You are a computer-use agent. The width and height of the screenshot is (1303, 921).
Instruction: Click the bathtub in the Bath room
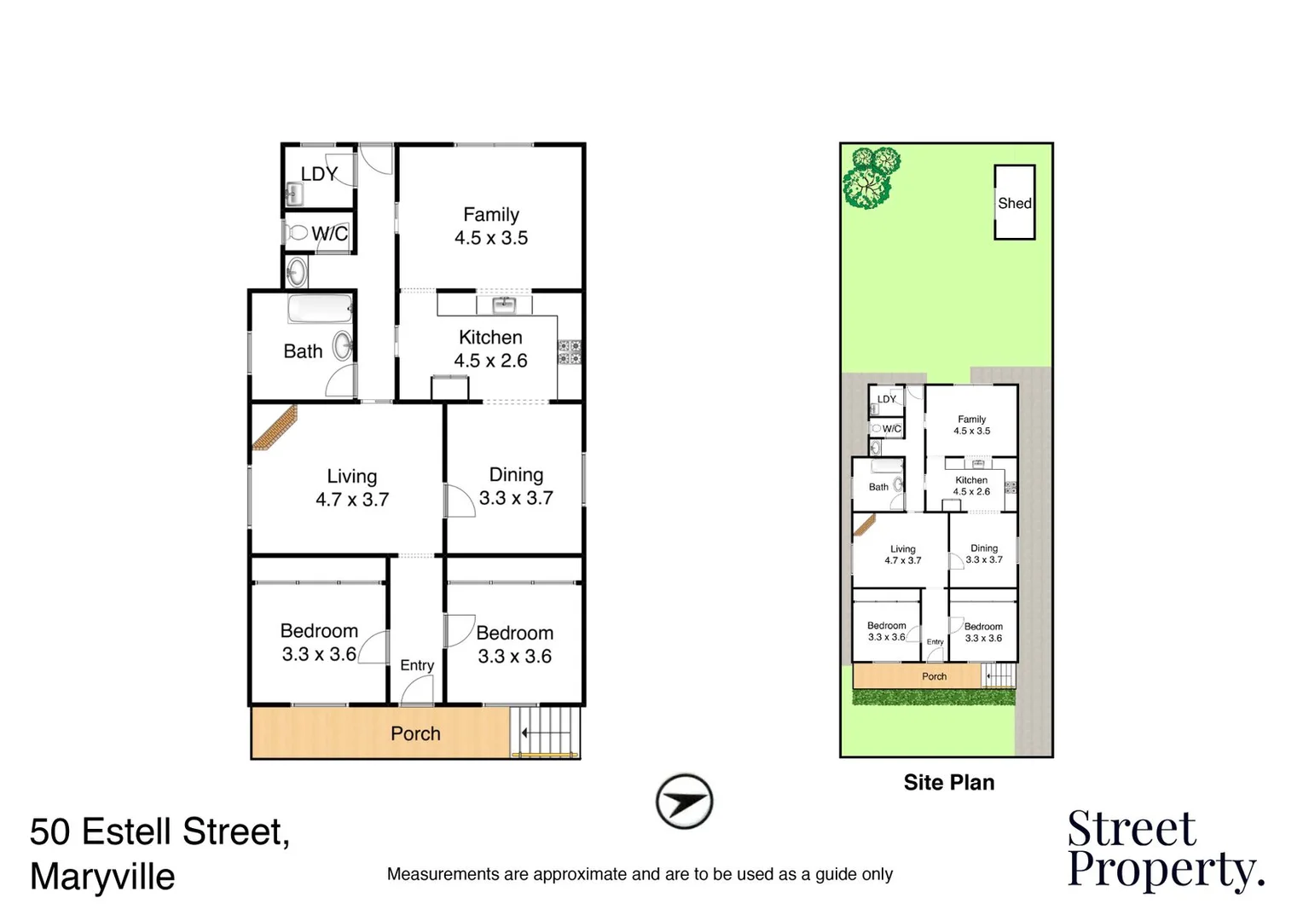[320, 309]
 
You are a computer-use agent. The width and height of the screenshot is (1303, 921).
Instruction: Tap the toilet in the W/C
[298, 232]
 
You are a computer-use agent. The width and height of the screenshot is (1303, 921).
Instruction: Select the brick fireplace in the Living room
[275, 426]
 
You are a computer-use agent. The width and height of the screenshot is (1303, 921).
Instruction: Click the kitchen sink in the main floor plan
[504, 304]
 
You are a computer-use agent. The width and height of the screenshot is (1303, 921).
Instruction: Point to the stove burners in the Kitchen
[569, 352]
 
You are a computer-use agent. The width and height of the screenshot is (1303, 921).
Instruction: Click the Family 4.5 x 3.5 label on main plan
[491, 227]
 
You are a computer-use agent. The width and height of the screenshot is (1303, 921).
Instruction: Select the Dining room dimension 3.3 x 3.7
[516, 498]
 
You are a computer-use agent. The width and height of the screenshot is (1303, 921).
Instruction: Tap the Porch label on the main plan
[415, 733]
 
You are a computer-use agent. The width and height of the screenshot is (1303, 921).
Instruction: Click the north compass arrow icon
[684, 802]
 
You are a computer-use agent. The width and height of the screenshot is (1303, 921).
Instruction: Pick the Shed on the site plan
[1014, 203]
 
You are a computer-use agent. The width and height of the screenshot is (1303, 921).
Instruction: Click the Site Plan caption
[949, 783]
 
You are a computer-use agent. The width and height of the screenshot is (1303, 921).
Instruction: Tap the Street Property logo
[1165, 850]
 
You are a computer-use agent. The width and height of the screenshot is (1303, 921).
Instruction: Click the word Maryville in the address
[102, 877]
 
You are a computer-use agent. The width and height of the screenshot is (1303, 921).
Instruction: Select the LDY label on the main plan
[319, 174]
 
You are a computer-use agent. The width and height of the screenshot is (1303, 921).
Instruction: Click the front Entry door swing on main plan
[418, 691]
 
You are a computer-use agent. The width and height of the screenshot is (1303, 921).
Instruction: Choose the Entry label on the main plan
[417, 665]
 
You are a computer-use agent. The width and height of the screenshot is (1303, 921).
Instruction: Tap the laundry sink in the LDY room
[293, 195]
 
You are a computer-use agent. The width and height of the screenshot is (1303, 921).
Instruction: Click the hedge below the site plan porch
[934, 698]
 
